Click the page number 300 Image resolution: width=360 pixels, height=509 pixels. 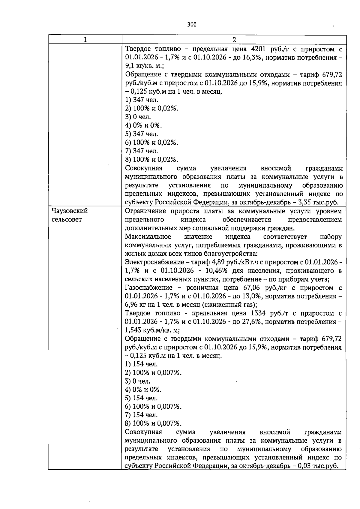pyautogui.click(x=192, y=25)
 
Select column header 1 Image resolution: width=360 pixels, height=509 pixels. pyautogui.click(x=85, y=40)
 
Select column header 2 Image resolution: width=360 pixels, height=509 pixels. pyautogui.click(x=234, y=40)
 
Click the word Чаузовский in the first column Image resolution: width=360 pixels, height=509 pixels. pyautogui.click(x=70, y=211)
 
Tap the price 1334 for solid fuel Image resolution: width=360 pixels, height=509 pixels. pyautogui.click(x=257, y=313)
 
